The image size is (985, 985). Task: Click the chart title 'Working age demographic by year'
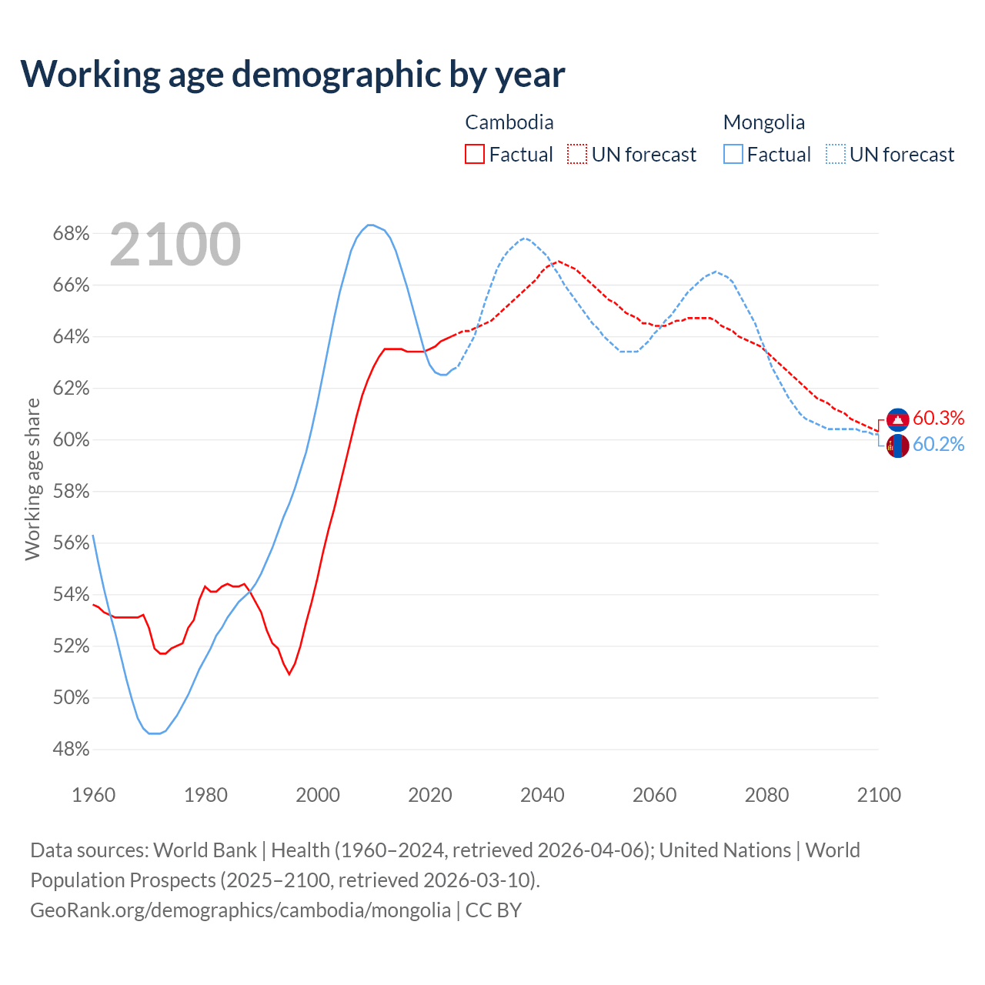pos(292,74)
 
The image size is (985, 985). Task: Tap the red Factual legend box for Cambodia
pos(475,155)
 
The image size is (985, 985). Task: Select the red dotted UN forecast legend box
pos(577,155)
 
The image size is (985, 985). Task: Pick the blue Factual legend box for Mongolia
pos(733,155)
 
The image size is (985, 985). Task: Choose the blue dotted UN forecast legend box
pos(836,155)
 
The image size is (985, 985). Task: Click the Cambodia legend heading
pos(509,122)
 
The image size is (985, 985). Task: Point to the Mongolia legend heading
pos(764,122)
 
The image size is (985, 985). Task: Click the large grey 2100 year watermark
pos(175,245)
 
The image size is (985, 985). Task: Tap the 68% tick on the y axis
pos(71,233)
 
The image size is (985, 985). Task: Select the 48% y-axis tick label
pos(71,750)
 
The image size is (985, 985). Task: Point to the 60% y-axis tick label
pos(71,440)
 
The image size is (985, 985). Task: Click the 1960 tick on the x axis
pos(93,795)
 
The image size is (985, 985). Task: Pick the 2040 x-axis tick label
pos(543,795)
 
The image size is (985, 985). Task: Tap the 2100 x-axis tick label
pos(879,795)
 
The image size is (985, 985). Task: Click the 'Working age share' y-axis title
pos(32,479)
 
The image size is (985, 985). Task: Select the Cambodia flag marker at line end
pos(898,419)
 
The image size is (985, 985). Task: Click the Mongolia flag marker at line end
pos(898,446)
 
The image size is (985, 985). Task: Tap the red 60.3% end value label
pos(938,418)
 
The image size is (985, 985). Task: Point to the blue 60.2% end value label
pos(938,444)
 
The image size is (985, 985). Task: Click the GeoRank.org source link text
pos(240,910)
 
